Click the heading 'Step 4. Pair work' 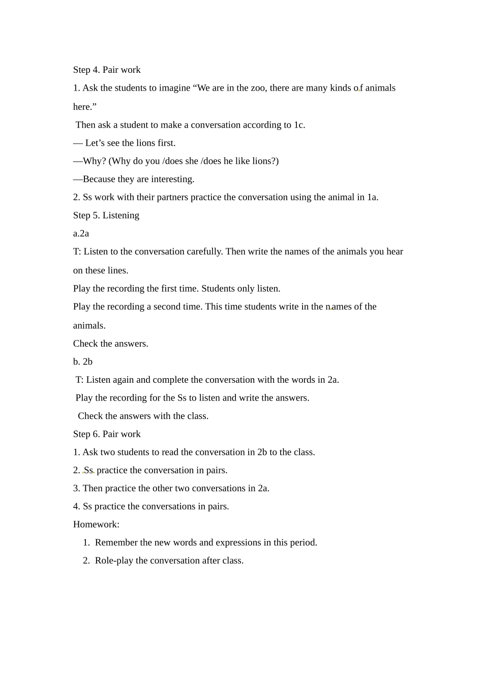coord(107,70)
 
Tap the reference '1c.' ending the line coord(299,125)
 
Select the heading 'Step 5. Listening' coord(106,215)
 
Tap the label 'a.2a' coord(81,234)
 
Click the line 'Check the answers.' coord(110,344)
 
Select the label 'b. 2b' coord(82,362)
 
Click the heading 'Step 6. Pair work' coord(107,434)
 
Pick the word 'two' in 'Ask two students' coord(108,452)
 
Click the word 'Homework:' coord(96,524)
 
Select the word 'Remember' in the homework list coord(116,543)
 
